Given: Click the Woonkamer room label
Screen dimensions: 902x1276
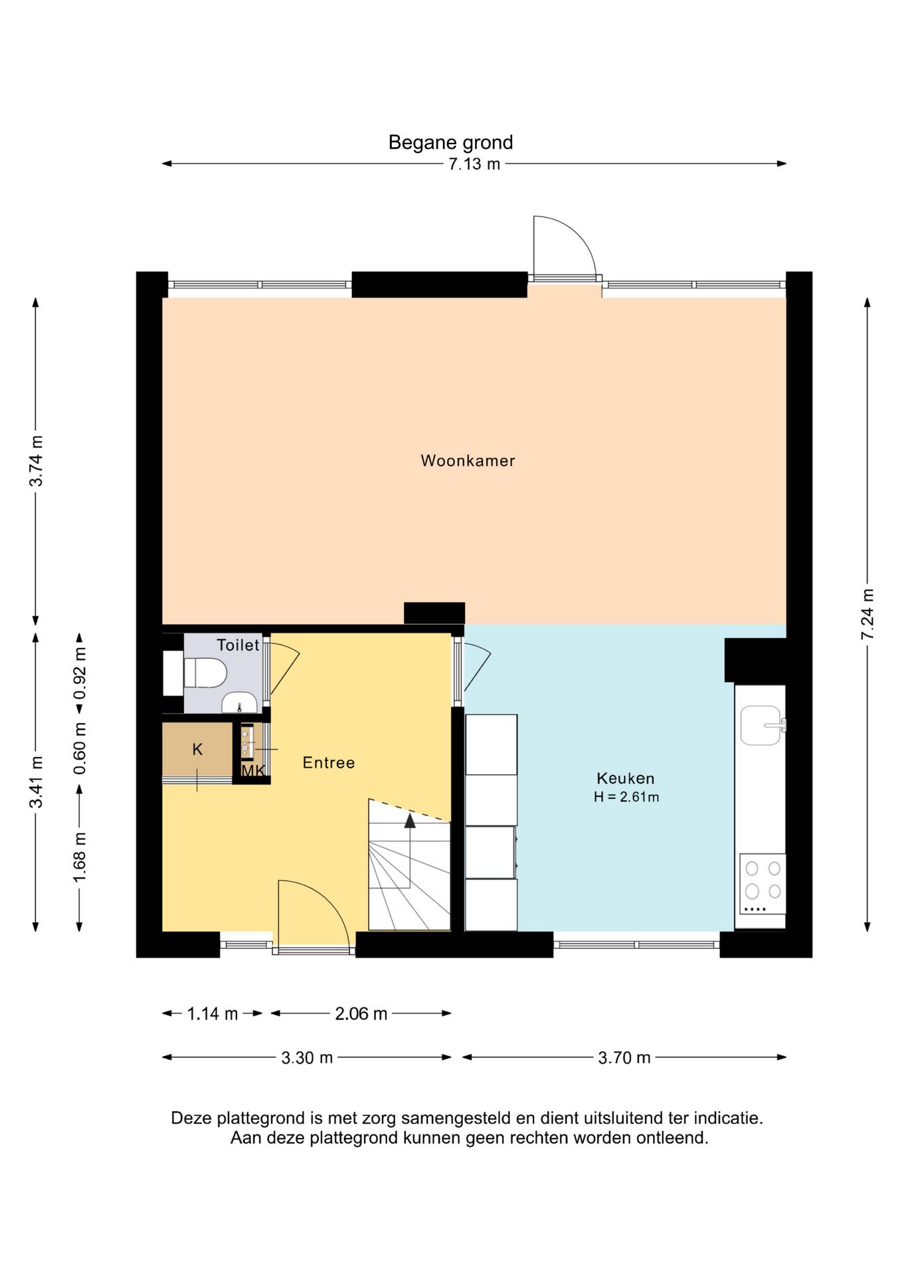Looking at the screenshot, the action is point(468,461).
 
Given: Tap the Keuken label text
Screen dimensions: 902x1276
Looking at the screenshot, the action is point(626,778).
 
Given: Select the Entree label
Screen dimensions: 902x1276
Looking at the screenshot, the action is point(329,762).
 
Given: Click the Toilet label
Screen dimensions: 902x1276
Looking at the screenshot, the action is point(238,645).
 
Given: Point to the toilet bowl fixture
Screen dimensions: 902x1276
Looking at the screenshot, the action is point(205,673).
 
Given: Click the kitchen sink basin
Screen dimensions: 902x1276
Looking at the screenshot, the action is point(761,725).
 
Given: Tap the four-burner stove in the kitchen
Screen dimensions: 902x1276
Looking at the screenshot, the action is point(763,885).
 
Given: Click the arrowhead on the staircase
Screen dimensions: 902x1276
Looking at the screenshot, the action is point(410,821).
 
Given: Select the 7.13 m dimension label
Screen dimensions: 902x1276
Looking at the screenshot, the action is point(474,164).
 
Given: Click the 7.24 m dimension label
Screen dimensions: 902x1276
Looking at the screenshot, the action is point(867,614).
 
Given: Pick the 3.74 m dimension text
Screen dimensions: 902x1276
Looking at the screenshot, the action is point(36,461).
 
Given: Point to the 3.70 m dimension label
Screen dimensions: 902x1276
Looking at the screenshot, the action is point(624,1057).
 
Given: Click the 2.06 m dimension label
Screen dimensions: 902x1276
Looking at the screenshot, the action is point(361,1013).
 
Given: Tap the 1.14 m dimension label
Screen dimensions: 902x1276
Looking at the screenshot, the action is point(212,1013).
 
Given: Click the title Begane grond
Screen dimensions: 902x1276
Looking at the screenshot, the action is point(450,142).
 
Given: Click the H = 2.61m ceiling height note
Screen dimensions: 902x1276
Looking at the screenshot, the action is point(626,797).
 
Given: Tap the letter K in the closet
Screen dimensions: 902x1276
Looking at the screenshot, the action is point(197,750).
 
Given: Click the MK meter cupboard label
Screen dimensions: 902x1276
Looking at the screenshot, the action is point(253,770).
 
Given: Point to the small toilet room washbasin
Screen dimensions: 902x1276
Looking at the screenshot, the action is point(239,702).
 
